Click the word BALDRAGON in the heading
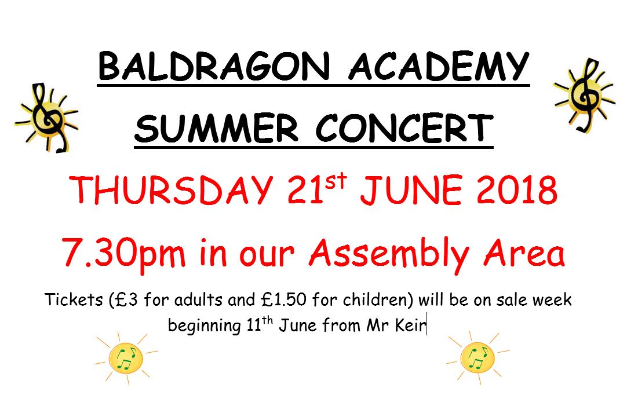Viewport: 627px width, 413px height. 214,66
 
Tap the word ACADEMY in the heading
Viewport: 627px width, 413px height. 439,66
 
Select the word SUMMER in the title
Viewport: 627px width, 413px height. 216,129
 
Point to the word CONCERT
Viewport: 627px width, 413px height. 404,129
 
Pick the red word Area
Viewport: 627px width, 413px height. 524,253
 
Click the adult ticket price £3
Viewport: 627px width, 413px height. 130,299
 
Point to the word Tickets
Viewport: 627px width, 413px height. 74,299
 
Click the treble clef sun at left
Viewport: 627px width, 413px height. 46,118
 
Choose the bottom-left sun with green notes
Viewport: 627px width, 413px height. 126,358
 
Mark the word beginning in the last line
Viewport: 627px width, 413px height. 204,326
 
